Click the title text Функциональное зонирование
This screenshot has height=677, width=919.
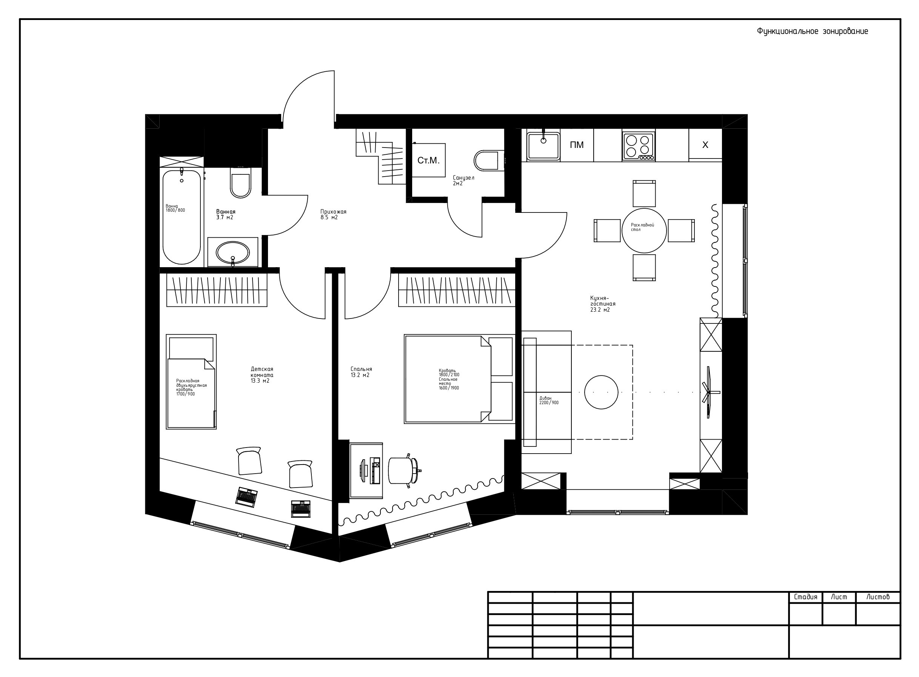pyautogui.click(x=812, y=32)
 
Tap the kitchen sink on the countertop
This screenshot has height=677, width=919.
pyautogui.click(x=543, y=146)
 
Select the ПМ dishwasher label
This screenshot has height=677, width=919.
pyautogui.click(x=576, y=145)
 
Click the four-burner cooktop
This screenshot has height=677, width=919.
pyautogui.click(x=638, y=146)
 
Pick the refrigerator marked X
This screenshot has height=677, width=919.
pyautogui.click(x=705, y=145)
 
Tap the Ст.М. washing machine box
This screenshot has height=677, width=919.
pyautogui.click(x=428, y=160)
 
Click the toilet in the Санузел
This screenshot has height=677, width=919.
pyautogui.click(x=487, y=160)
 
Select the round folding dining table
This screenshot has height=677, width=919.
pyautogui.click(x=644, y=230)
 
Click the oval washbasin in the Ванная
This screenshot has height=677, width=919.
pyautogui.click(x=232, y=252)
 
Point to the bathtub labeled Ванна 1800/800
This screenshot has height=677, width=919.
pyautogui.click(x=182, y=217)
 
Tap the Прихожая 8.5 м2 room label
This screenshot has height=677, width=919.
pyautogui.click(x=333, y=214)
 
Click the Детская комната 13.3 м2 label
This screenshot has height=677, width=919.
pyautogui.click(x=262, y=375)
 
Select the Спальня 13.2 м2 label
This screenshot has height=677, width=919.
pyautogui.click(x=361, y=372)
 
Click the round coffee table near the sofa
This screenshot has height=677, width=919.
pyautogui.click(x=601, y=392)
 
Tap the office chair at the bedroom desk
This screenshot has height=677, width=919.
pyautogui.click(x=400, y=471)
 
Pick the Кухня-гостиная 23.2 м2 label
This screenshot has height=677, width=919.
pyautogui.click(x=603, y=304)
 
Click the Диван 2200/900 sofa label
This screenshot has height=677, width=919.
pyautogui.click(x=548, y=400)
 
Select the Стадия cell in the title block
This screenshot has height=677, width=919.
pyautogui.click(x=805, y=597)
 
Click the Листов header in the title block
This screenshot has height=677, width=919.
pyautogui.click(x=877, y=597)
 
